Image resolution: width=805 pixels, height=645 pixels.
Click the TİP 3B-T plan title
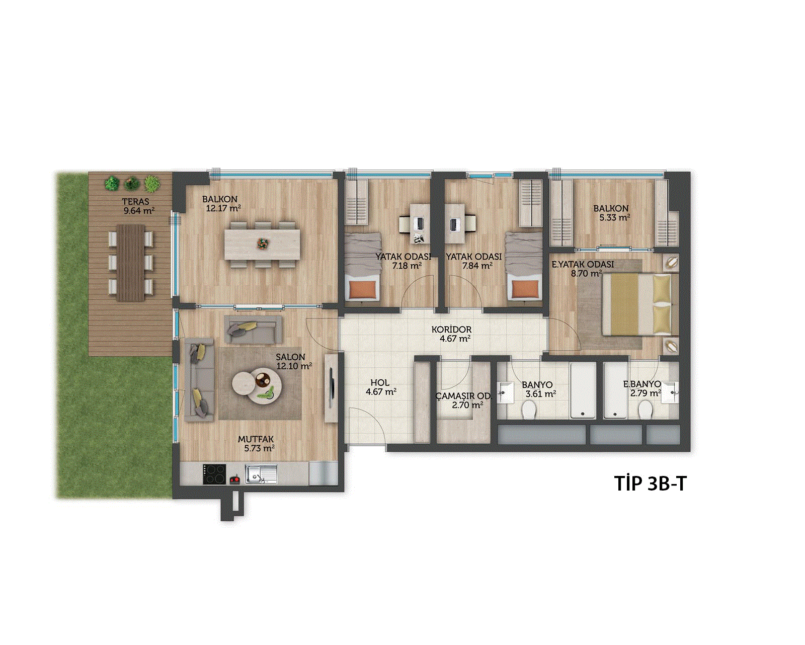[x=651, y=484]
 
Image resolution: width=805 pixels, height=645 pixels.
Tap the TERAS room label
[x=135, y=202]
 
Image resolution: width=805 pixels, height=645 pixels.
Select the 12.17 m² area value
[x=223, y=208]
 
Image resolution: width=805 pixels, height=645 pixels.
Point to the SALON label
[x=290, y=357]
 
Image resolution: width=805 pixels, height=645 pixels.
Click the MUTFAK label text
[x=256, y=439]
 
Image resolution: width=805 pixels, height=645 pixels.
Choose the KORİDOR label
[x=451, y=330]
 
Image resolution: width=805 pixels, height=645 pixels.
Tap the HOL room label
[x=380, y=383]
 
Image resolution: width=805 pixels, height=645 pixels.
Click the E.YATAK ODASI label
[x=583, y=265]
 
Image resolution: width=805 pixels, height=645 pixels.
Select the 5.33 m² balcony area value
[x=615, y=217]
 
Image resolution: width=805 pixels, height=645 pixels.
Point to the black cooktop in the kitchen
[x=214, y=474]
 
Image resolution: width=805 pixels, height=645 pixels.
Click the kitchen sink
[x=261, y=474]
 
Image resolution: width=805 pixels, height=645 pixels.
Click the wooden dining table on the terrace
[x=130, y=263]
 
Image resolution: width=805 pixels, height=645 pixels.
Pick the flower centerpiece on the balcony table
[x=263, y=244]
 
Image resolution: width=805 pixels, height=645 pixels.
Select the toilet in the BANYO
[x=529, y=410]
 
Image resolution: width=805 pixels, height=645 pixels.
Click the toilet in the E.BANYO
[x=646, y=410]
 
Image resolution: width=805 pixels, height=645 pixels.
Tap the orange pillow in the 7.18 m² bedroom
[x=362, y=290]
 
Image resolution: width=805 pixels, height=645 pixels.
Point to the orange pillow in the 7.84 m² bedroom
[x=525, y=290]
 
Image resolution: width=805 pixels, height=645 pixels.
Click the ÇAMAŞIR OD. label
[x=463, y=396]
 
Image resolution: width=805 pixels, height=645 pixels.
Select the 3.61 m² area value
[x=540, y=393]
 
